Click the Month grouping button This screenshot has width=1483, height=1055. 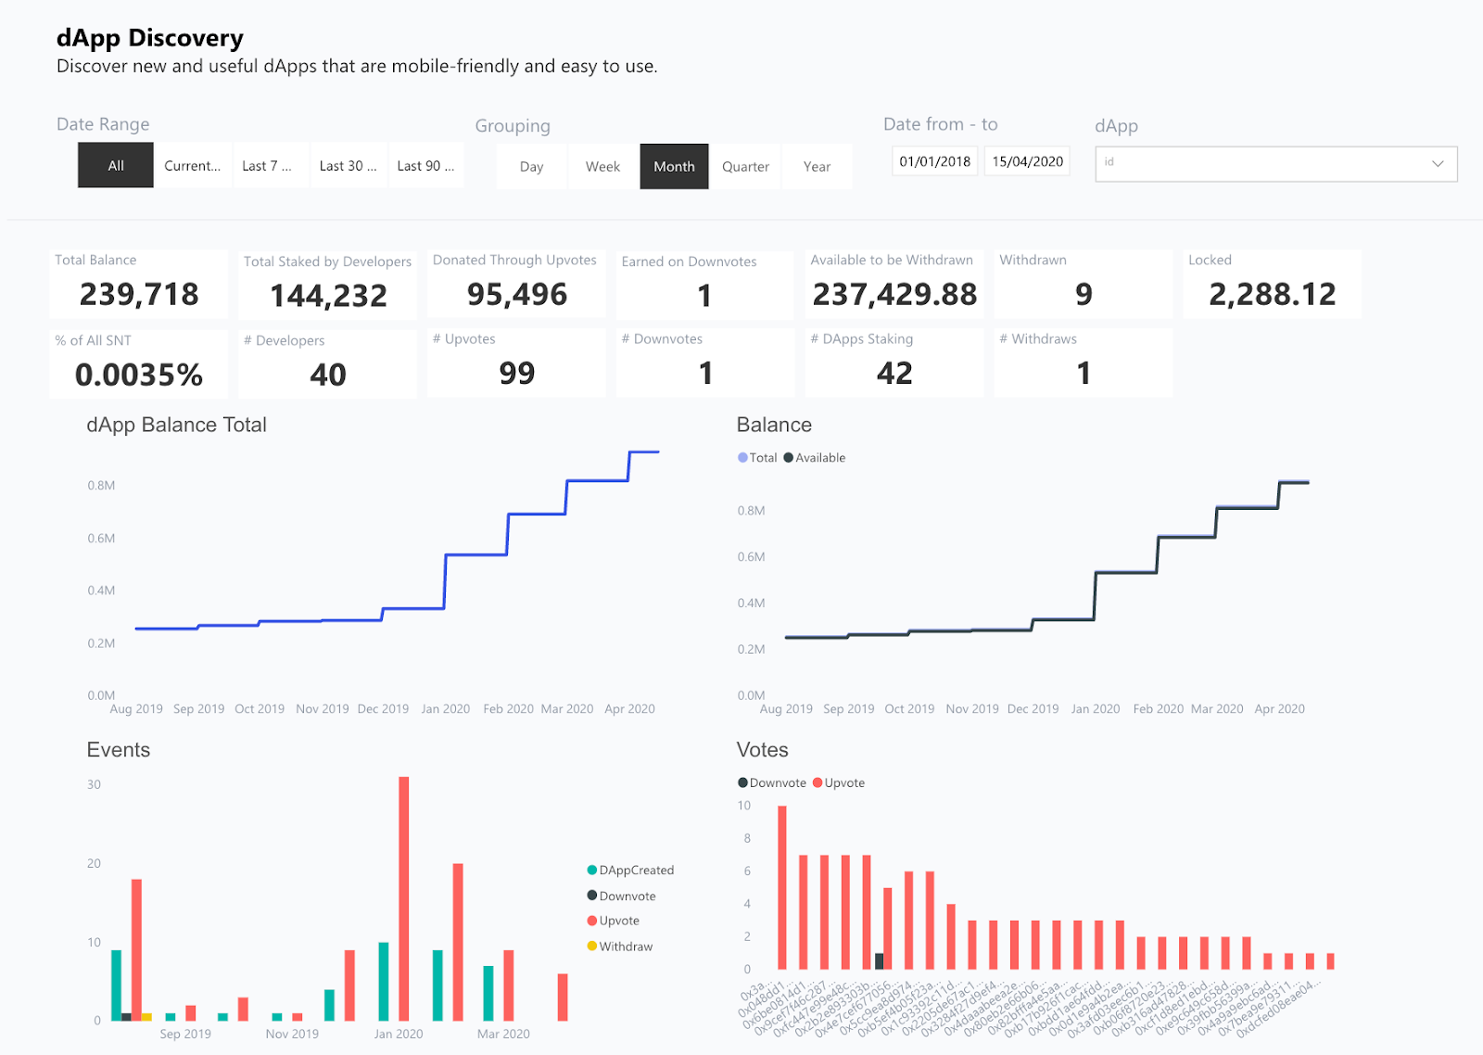pyautogui.click(x=674, y=167)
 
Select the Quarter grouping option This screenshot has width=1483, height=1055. pyautogui.click(x=745, y=167)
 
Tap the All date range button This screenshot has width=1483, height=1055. pyautogui.click(x=116, y=166)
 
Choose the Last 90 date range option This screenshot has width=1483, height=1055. pyautogui.click(x=425, y=166)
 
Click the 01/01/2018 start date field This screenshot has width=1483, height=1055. pyautogui.click(x=934, y=161)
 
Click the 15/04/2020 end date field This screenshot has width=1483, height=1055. pyautogui.click(x=1027, y=161)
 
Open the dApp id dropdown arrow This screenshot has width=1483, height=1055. pyautogui.click(x=1438, y=164)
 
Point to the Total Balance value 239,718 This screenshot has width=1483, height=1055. pyautogui.click(x=139, y=295)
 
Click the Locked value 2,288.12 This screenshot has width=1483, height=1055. pyautogui.click(x=1272, y=295)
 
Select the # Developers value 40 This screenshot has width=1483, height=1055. pyautogui.click(x=328, y=375)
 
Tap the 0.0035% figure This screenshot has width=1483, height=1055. pyautogui.click(x=139, y=375)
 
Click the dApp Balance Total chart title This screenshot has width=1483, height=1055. pyautogui.click(x=176, y=426)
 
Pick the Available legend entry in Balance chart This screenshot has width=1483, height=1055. pyautogui.click(x=815, y=458)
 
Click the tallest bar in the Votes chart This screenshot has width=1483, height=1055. pyautogui.click(x=782, y=887)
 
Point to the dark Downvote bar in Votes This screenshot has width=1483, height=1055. pyautogui.click(x=879, y=961)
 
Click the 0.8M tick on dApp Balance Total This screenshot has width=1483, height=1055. pyautogui.click(x=101, y=486)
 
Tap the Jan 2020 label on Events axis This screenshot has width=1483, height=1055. pyautogui.click(x=399, y=1034)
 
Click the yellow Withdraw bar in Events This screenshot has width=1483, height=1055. pyautogui.click(x=146, y=1017)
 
